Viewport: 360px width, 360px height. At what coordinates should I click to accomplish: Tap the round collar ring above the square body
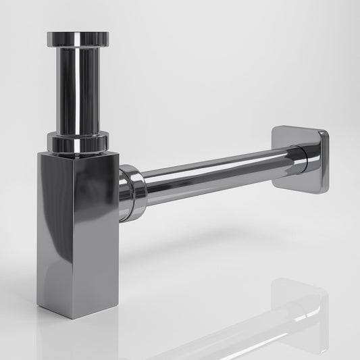[x=77, y=143]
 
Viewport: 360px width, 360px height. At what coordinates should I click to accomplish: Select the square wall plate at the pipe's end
[x=301, y=159]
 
